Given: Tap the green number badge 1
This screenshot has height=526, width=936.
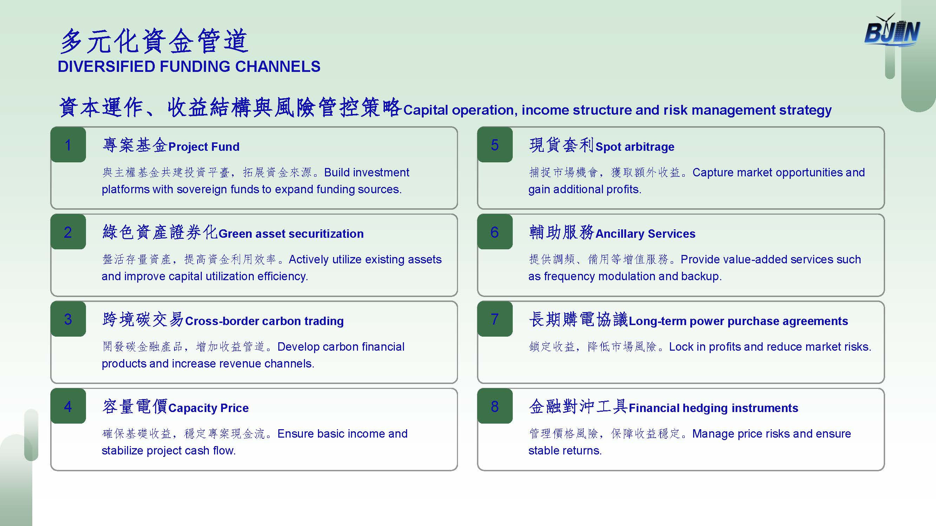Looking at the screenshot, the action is [68, 144].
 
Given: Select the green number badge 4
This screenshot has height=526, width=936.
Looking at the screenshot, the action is [68, 406].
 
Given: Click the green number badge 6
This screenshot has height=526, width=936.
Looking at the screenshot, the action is [495, 231].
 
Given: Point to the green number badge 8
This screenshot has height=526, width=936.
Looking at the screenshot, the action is [495, 406].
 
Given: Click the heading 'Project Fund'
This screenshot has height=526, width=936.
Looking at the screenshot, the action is [204, 147].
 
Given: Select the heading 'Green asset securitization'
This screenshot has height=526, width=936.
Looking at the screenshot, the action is [291, 234].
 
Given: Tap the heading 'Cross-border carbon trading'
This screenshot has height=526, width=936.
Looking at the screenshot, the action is [264, 321].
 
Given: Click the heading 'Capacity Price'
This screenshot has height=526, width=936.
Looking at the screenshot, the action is [208, 408].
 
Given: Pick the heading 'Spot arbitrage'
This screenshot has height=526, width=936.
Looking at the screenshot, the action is [635, 147].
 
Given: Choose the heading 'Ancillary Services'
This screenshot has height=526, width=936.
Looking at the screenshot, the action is [645, 234].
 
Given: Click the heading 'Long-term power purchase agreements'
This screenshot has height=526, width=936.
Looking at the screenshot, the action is [738, 321].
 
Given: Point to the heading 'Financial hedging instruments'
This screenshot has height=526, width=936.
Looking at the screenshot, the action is [713, 408].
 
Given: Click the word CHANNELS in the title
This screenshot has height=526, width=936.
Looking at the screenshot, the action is [278, 66].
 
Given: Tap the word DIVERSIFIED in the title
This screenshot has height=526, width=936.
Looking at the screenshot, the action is [106, 66].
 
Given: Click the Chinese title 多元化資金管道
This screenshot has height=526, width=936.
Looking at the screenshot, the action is [154, 41].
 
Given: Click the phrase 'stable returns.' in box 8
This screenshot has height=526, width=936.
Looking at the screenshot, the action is [565, 451].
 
